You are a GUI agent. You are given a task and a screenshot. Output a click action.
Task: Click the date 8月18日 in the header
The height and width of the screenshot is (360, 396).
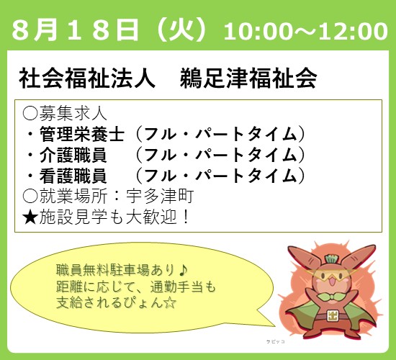point(75,31)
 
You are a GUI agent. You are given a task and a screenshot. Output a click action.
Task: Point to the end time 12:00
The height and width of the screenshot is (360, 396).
point(352,32)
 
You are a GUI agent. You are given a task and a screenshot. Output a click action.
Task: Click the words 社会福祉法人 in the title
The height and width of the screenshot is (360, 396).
point(86,78)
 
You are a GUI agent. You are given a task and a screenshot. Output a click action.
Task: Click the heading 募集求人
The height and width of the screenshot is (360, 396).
point(73,114)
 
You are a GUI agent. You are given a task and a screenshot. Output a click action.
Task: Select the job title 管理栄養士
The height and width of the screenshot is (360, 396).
point(82,134)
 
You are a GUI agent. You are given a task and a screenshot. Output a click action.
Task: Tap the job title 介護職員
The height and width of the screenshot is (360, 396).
point(73,155)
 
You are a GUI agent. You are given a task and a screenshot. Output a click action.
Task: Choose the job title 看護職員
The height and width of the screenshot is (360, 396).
point(73,176)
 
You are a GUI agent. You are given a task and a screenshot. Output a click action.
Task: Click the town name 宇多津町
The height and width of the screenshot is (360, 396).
point(160,196)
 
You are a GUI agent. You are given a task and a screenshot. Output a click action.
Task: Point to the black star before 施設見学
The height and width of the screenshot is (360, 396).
point(30,217)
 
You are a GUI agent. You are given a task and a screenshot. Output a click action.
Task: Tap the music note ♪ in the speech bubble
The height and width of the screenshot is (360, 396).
point(183,270)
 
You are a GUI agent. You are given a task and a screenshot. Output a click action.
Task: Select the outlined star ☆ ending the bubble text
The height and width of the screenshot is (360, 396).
point(169,302)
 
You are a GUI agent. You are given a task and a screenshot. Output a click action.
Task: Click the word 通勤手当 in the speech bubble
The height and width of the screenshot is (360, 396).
point(176,287)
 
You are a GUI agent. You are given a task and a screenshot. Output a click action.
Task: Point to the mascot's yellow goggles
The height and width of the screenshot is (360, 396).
point(331,276)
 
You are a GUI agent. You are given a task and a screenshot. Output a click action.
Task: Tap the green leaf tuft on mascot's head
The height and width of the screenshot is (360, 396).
point(332,259)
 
